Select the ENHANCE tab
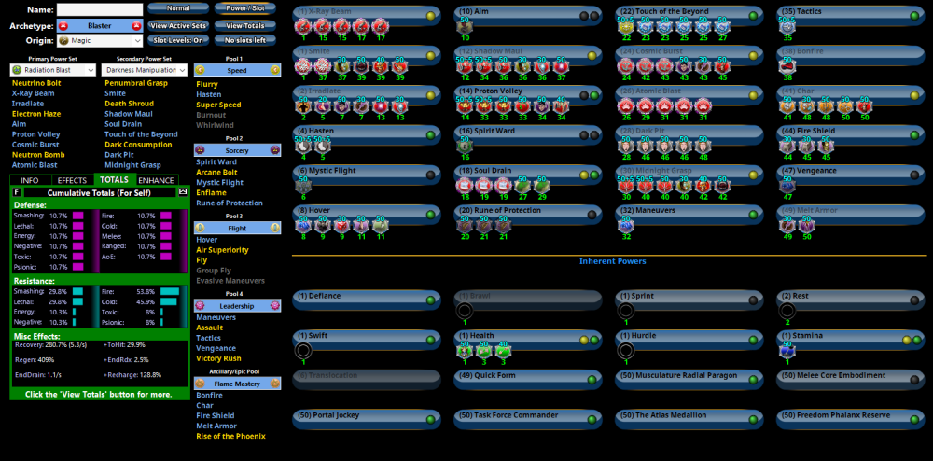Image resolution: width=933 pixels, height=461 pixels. pyautogui.click(x=156, y=179)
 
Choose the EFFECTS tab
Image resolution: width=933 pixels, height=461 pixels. pyautogui.click(x=72, y=179)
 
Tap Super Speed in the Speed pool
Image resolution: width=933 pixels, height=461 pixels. pyautogui.click(x=218, y=105)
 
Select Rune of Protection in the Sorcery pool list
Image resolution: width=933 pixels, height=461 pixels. pyautogui.click(x=230, y=203)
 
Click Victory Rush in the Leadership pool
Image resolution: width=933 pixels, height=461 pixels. pyautogui.click(x=219, y=358)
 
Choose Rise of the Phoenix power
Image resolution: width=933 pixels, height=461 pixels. pyautogui.click(x=230, y=436)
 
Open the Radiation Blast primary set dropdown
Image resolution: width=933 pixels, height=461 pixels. pyautogui.click(x=52, y=70)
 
